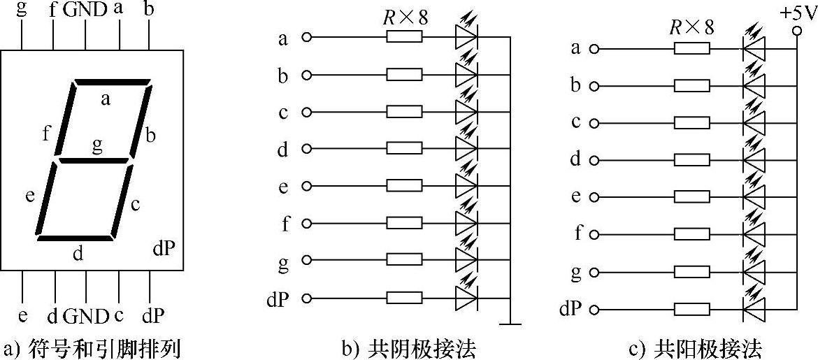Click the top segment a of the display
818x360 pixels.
click(x=113, y=82)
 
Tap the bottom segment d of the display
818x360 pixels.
click(x=76, y=238)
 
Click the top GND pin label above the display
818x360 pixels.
click(x=85, y=10)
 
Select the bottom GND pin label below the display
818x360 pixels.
click(x=86, y=317)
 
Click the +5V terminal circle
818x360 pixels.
click(x=796, y=31)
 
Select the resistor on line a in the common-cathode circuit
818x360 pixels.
click(x=404, y=38)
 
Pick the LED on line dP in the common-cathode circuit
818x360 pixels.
click(x=466, y=298)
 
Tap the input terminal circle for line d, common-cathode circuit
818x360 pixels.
click(x=305, y=149)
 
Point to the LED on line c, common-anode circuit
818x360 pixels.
click(x=754, y=123)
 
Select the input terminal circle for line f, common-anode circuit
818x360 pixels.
click(x=594, y=233)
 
